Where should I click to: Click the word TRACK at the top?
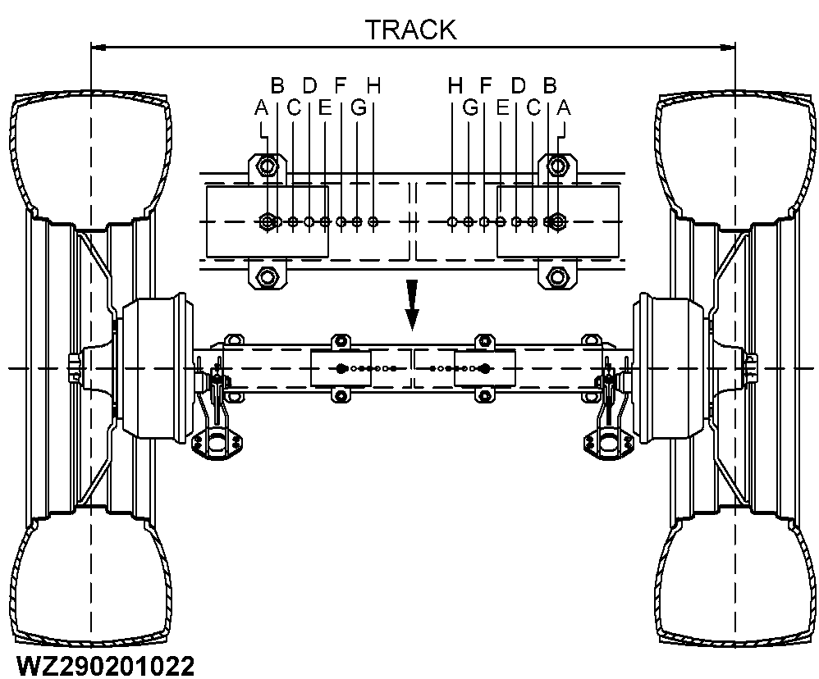409,30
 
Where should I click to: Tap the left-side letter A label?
261,107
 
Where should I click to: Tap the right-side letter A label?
564,107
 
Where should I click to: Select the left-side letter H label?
373,84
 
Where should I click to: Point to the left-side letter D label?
309,84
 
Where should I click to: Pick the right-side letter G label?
470,107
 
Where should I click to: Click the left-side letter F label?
341,84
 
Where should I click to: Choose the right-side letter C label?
533,107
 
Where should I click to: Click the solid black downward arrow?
413,303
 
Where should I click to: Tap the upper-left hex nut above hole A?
267,166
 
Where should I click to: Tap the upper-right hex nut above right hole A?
558,166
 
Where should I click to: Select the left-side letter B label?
277,84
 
